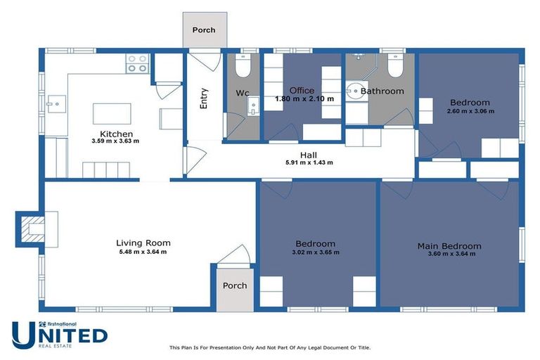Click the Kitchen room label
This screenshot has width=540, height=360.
[116, 134]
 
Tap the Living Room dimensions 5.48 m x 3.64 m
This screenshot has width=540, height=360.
[143, 252]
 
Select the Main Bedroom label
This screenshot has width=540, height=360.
[449, 245]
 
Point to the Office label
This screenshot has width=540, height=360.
[302, 91]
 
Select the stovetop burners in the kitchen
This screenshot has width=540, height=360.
[137, 64]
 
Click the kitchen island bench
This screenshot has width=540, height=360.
[112, 114]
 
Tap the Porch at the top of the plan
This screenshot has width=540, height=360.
[203, 30]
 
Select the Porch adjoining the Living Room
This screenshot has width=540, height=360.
[234, 286]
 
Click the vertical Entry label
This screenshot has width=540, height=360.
[204, 98]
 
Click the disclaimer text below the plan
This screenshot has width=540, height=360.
[269, 347]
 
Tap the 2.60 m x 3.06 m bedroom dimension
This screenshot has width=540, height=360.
[470, 111]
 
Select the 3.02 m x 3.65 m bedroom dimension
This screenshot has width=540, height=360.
[315, 252]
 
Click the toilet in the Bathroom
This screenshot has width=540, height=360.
[394, 67]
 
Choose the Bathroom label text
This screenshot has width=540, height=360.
[382, 91]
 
